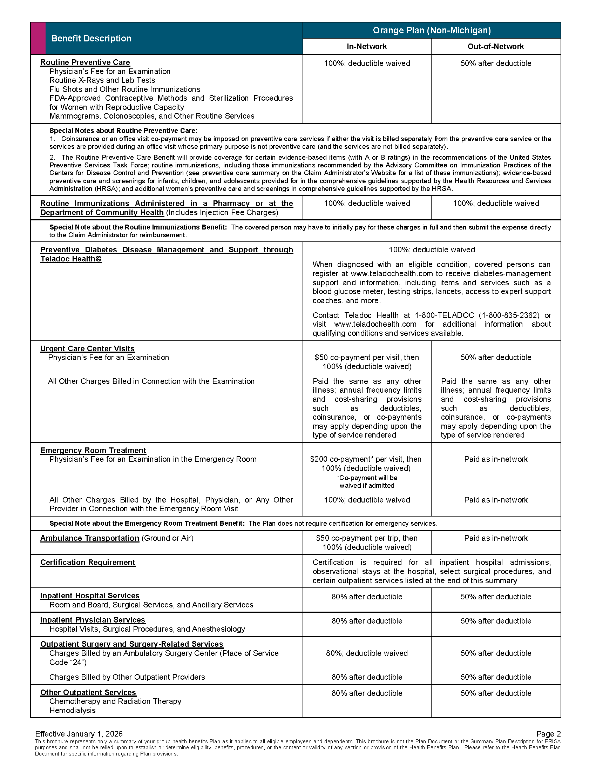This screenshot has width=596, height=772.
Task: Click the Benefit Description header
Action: (91, 39)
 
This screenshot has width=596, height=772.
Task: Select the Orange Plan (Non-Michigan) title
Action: (432, 31)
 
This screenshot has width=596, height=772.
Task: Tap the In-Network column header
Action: (366, 47)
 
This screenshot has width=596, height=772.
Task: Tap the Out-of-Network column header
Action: (495, 47)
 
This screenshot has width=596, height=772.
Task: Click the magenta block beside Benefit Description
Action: (39, 38)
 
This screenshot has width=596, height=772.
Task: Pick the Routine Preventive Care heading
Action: (85, 62)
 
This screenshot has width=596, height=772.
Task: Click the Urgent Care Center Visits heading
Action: (87, 348)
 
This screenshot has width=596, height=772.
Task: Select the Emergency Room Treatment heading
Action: (93, 450)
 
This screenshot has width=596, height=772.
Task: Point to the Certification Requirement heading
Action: (88, 563)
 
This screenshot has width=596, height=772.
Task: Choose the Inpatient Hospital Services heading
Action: (90, 595)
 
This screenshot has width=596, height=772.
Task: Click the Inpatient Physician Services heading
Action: (93, 620)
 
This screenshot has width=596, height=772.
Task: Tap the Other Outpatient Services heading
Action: (88, 692)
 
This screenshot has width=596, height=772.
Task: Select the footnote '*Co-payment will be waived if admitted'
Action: (367, 481)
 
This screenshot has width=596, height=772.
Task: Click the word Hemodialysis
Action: (72, 711)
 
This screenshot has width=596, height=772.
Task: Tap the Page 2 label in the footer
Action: (548, 734)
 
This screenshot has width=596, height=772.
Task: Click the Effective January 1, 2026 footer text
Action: (79, 734)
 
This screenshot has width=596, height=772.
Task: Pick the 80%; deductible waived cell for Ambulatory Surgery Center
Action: (366, 653)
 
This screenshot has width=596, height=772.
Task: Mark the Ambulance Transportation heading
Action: (90, 538)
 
